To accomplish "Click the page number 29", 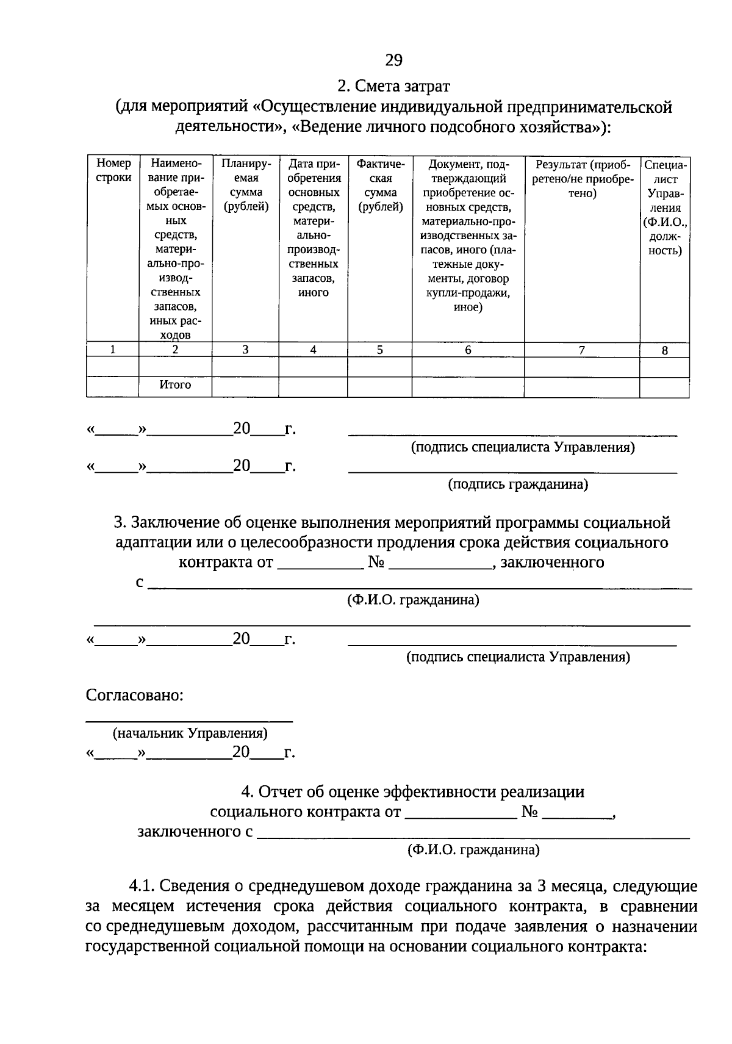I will pos(393,60).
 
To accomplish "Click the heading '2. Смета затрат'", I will pos(393,86).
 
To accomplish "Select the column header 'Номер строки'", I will pos(113,171).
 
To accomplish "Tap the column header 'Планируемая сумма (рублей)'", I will pos(245,185).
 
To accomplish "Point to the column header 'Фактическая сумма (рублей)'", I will pos(380,185).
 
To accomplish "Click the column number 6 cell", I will pos(468,350).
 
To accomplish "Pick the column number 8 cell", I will pos(664,350).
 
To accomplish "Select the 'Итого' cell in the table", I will pos(175,385).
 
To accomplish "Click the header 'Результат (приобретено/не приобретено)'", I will pos(582,178).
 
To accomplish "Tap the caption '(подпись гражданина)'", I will pos(518,484).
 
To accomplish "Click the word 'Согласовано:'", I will pos(135,695).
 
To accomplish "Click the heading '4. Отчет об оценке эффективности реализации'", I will pos(412,792).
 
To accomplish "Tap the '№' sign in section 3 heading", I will pos(375,562).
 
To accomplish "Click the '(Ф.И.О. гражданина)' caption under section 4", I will pos(473,849).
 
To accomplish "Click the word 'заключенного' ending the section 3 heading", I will pos(552,562).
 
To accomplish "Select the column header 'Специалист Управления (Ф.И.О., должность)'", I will pos(664,207).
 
